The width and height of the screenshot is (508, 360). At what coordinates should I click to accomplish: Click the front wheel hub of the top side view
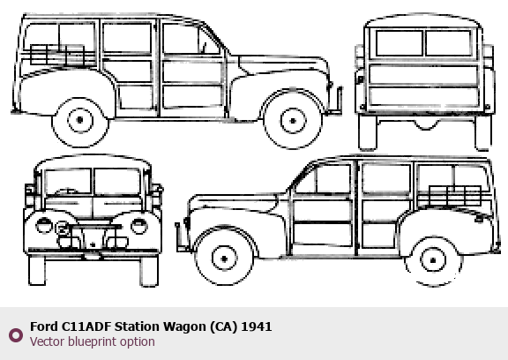[x=293, y=121]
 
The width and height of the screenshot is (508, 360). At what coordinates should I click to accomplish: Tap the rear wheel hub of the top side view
[x=80, y=120]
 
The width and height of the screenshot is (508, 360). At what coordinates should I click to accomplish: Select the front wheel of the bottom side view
[x=224, y=259]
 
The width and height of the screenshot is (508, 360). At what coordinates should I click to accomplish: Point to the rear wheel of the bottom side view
[x=433, y=260]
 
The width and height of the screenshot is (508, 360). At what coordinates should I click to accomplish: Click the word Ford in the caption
[x=43, y=326]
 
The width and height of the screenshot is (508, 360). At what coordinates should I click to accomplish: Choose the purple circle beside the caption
[x=16, y=335]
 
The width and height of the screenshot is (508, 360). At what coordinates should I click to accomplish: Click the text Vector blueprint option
[x=93, y=341]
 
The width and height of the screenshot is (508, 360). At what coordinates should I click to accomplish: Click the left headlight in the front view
[x=44, y=225]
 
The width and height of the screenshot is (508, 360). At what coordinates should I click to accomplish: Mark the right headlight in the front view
[x=139, y=226]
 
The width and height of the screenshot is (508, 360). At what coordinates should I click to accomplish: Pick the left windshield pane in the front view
[x=68, y=182]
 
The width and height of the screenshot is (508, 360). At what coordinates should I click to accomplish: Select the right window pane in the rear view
[x=449, y=42]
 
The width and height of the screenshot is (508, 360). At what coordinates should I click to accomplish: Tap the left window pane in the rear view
[x=400, y=42]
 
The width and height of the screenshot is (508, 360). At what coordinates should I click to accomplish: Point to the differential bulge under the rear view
[x=426, y=125]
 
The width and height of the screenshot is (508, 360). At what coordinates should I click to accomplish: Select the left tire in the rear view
[x=368, y=132]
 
